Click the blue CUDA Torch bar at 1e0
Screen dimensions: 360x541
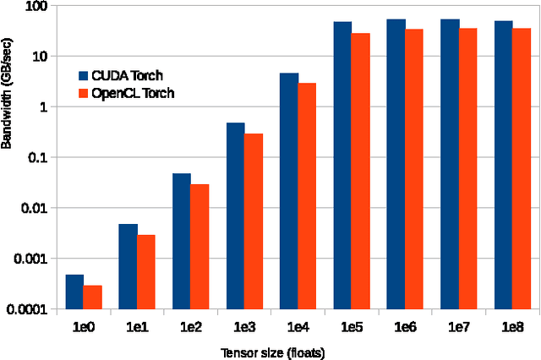[x=74, y=292]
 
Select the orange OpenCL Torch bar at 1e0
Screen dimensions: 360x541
[x=92, y=297]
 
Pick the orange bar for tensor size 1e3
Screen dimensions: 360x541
[x=253, y=221]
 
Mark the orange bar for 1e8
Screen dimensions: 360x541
[x=521, y=168]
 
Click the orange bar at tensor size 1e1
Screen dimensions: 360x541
[x=145, y=271]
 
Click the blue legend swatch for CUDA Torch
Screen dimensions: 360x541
[x=83, y=75]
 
